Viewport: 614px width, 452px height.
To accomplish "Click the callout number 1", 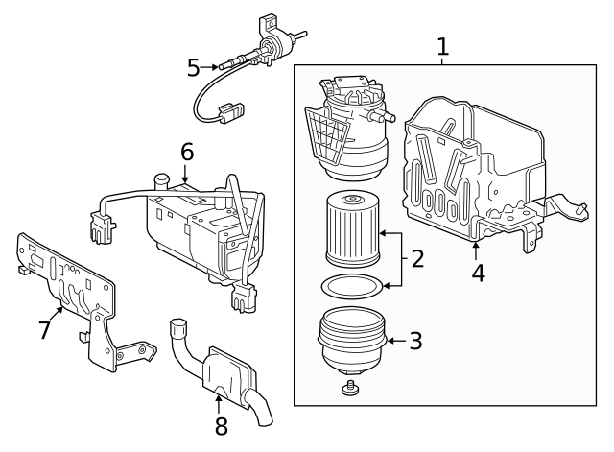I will [x=442, y=45].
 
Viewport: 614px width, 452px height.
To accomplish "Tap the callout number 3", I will [x=415, y=340].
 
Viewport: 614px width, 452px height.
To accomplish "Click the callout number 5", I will [x=194, y=67].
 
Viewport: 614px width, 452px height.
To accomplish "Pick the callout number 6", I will [x=186, y=151].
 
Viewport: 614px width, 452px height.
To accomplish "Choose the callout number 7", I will [x=44, y=329].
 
